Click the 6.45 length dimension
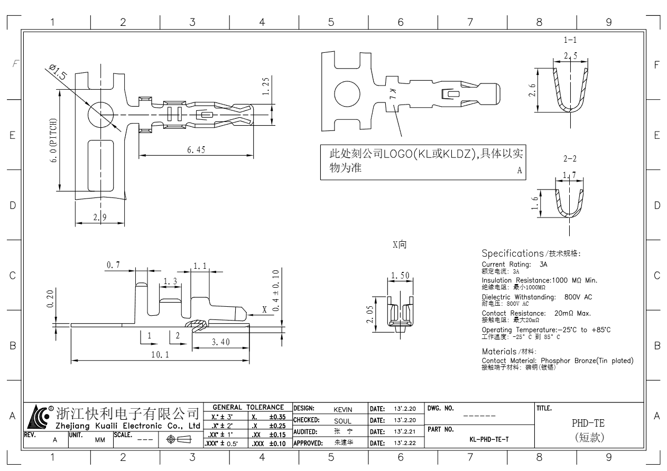coord(196,149)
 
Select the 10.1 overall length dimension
coord(160,354)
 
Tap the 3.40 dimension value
coord(220,342)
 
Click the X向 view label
coord(399,245)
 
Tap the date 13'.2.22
coord(405,443)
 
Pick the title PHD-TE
coord(588,423)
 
